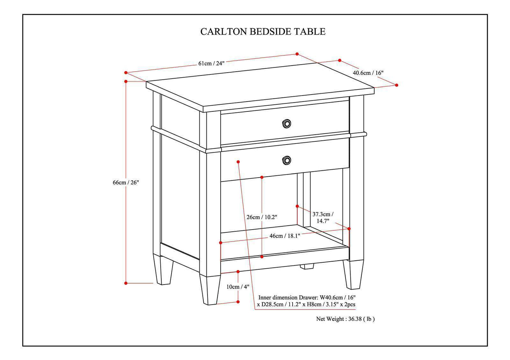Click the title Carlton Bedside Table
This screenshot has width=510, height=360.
(x=263, y=31)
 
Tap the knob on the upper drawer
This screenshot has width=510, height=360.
(x=287, y=124)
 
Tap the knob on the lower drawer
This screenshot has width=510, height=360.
(x=287, y=160)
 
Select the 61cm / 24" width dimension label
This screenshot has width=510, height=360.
(x=211, y=63)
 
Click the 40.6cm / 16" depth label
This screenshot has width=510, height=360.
(x=368, y=73)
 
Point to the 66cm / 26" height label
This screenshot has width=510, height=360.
(x=126, y=182)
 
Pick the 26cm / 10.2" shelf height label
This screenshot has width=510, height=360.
(x=262, y=217)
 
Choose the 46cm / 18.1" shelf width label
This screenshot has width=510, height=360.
(x=284, y=236)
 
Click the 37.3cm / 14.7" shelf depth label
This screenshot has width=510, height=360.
(x=323, y=218)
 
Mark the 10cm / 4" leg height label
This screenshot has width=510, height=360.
(x=238, y=287)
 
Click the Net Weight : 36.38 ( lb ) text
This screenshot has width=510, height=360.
(x=345, y=319)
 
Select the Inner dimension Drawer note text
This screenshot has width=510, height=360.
(x=306, y=301)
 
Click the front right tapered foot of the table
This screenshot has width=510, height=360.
(x=353, y=274)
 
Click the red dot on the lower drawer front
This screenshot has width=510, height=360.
(x=238, y=161)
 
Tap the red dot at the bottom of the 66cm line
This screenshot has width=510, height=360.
(x=126, y=283)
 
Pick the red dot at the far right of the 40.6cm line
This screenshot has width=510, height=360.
(x=396, y=85)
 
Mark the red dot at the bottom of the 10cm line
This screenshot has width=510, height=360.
(x=238, y=302)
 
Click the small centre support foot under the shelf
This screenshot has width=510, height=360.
(x=307, y=267)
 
